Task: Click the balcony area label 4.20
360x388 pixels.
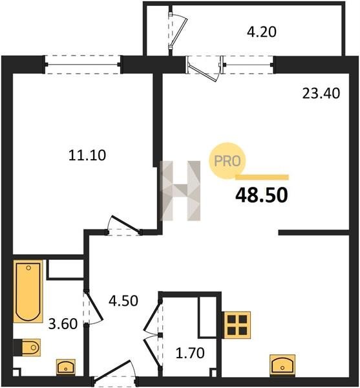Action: pyautogui.click(x=262, y=32)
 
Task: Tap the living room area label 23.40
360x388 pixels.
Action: pyautogui.click(x=321, y=94)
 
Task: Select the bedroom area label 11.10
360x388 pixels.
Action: pyautogui.click(x=87, y=156)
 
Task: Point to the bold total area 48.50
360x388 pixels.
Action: pyautogui.click(x=262, y=195)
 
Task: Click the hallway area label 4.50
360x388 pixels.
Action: pyautogui.click(x=123, y=301)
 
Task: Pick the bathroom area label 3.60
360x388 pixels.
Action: pyautogui.click(x=63, y=324)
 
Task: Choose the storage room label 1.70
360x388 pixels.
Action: pyautogui.click(x=190, y=353)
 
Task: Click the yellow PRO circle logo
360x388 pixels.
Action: pyautogui.click(x=228, y=161)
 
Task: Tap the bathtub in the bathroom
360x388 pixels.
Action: pyautogui.click(x=28, y=291)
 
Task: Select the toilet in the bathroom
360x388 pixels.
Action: pyautogui.click(x=26, y=347)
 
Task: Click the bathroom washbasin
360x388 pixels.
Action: pyautogui.click(x=66, y=367)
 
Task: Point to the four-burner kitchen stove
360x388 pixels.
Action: pyautogui.click(x=237, y=325)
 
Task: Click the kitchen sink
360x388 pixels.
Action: pyautogui.click(x=282, y=365)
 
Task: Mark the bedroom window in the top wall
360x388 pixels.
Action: pyautogui.click(x=83, y=65)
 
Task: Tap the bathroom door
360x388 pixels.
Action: pyautogui.click(x=92, y=307)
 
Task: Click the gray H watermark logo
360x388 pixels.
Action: pyautogui.click(x=180, y=191)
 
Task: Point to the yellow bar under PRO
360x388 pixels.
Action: pyautogui.click(x=262, y=177)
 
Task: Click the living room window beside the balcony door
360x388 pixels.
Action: pyautogui.click(x=248, y=65)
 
